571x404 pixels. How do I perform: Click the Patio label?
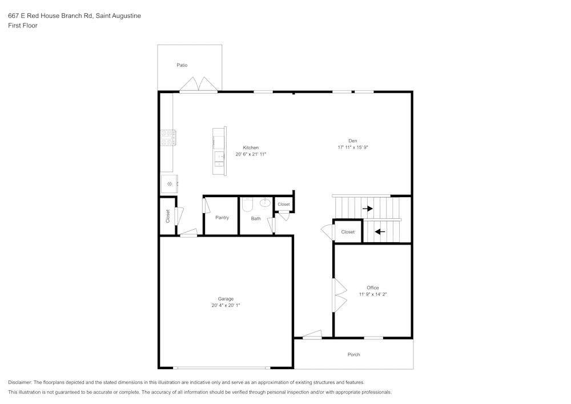coord(182,65)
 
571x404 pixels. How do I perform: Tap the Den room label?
coord(353,141)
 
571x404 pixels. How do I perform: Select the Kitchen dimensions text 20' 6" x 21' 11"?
coord(251,154)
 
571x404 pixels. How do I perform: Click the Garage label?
coord(226,299)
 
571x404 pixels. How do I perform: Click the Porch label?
coord(353,355)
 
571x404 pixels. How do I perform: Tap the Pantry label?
coord(222,218)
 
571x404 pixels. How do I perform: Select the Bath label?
coord(256,218)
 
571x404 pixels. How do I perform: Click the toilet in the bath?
coord(247,204)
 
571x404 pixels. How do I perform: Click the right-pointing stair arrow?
coord(367,209)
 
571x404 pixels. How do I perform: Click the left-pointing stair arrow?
coord(379,231)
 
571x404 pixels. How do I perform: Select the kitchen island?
coord(219,151)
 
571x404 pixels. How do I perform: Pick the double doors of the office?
coord(339,295)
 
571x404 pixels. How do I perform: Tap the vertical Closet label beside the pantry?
coord(168,215)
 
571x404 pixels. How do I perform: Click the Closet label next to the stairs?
coord(348,232)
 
